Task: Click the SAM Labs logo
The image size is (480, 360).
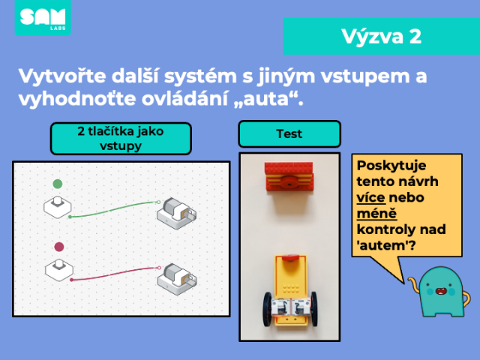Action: coord(43,17)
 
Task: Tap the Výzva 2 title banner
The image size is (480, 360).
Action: coord(382,37)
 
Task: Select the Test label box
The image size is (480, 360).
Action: coord(289,133)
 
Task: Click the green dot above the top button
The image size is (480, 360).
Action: coord(58,184)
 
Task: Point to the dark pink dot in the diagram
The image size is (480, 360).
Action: coord(59,247)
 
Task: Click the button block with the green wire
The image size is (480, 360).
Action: coord(58,207)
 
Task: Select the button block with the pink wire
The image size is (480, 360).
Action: coord(59,270)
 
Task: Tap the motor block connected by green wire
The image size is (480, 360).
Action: coord(177,213)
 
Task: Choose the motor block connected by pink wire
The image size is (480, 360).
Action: coord(177,279)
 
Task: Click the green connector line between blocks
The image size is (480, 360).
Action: coord(114,209)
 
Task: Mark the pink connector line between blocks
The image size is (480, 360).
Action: coord(115,273)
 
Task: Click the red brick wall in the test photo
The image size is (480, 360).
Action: coord(289,177)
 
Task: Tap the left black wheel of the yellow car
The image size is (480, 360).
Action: coord(267,308)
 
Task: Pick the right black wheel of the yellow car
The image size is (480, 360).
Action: coord(314,308)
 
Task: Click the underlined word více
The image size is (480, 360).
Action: coord(370,197)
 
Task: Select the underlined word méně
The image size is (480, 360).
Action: coord(376,213)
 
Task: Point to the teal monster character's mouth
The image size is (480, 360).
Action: coord(440,291)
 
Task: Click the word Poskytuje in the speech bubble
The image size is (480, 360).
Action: coord(391,166)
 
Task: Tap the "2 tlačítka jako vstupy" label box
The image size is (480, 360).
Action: coord(121,138)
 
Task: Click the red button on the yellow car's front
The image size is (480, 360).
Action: coord(290,258)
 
